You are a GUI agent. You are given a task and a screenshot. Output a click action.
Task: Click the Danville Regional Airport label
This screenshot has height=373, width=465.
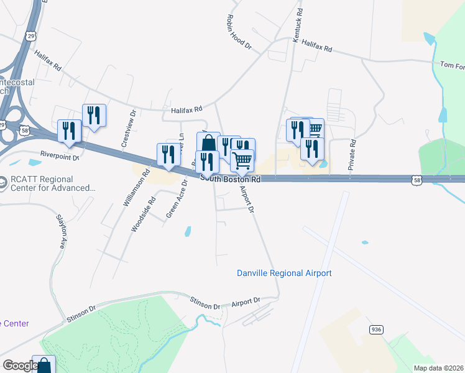tap(284, 274)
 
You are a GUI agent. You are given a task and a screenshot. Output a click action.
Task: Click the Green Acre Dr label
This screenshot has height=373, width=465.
tap(177, 198)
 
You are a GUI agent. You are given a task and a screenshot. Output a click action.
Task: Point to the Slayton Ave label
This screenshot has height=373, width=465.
tap(61, 232)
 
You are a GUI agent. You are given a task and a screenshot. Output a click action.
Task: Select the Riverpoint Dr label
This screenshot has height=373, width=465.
tap(60, 156)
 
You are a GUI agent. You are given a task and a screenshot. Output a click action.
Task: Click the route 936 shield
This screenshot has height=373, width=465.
tap(375, 329)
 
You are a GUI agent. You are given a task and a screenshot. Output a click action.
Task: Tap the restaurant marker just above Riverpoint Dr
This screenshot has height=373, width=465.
tap(69, 131)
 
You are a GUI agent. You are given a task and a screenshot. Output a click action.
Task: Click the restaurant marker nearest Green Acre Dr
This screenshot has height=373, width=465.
tap(168, 155)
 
